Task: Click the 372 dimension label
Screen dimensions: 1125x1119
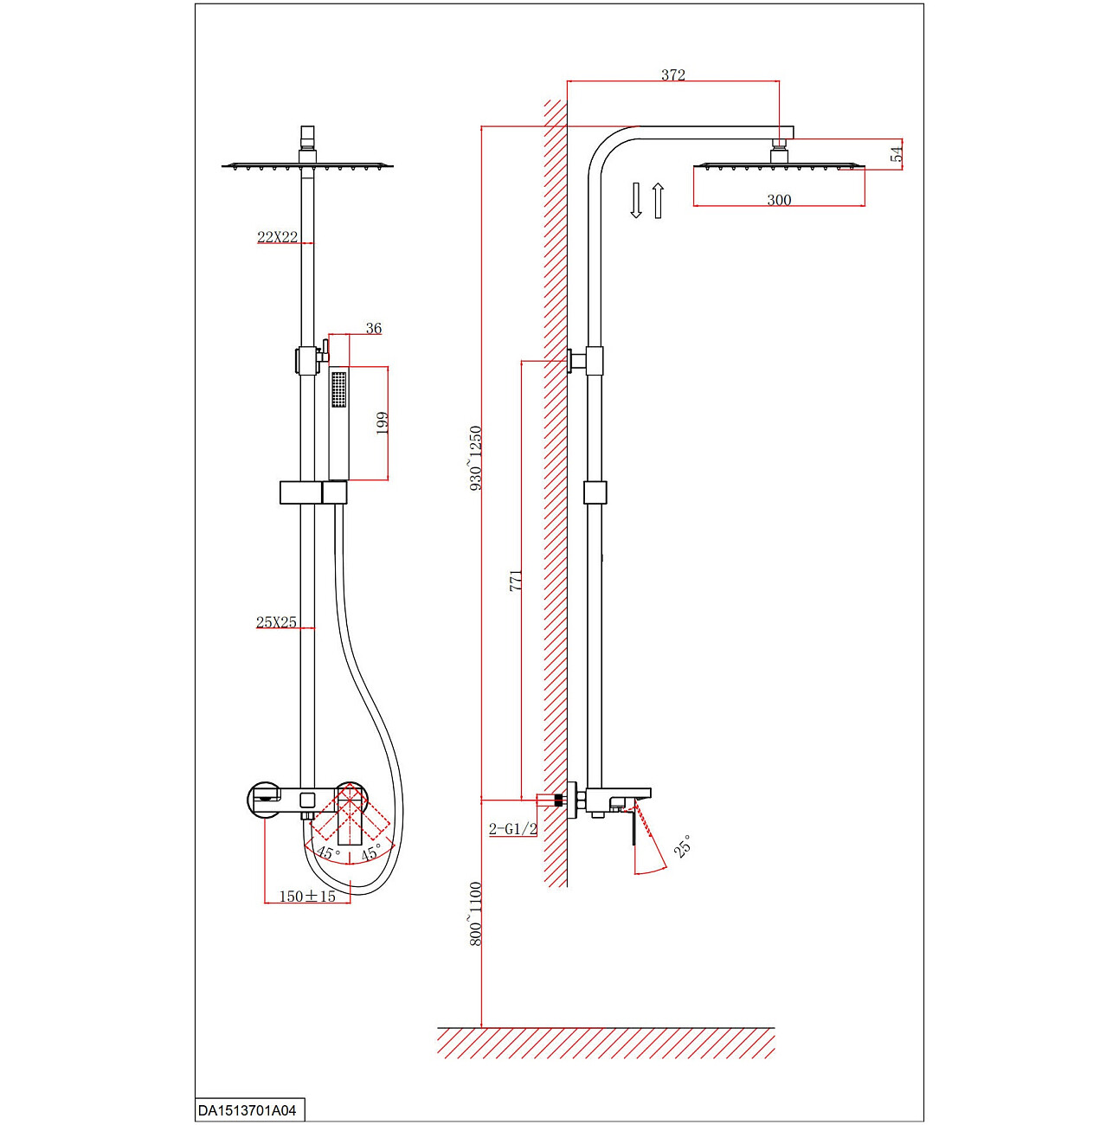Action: click(x=672, y=75)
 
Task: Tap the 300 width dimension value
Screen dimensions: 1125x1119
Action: click(x=779, y=200)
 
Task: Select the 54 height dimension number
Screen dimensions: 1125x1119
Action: click(x=897, y=154)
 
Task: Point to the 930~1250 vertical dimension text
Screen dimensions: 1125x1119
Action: click(x=475, y=459)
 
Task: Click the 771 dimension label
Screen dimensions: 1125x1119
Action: click(x=516, y=580)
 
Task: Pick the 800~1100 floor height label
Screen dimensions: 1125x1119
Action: click(x=475, y=913)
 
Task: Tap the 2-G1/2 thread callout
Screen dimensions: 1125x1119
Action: click(x=513, y=829)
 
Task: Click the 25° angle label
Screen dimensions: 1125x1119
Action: click(x=683, y=847)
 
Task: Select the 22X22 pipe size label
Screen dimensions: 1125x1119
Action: click(x=277, y=237)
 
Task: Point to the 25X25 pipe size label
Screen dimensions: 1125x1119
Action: click(x=276, y=622)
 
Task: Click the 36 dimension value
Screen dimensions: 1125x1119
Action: click(x=373, y=329)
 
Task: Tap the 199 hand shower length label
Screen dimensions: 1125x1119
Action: click(x=382, y=423)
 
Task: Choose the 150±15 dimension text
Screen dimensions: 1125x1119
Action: click(x=307, y=897)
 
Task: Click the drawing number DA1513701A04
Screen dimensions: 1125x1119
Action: click(x=248, y=1110)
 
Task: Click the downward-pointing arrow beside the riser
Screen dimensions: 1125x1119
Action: click(x=636, y=200)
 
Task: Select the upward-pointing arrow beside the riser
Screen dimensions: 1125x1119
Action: click(x=658, y=200)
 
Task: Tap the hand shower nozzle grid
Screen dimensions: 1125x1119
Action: click(x=338, y=389)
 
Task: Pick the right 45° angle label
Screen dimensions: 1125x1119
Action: click(x=371, y=852)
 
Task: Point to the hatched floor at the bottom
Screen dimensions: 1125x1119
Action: click(x=606, y=1043)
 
